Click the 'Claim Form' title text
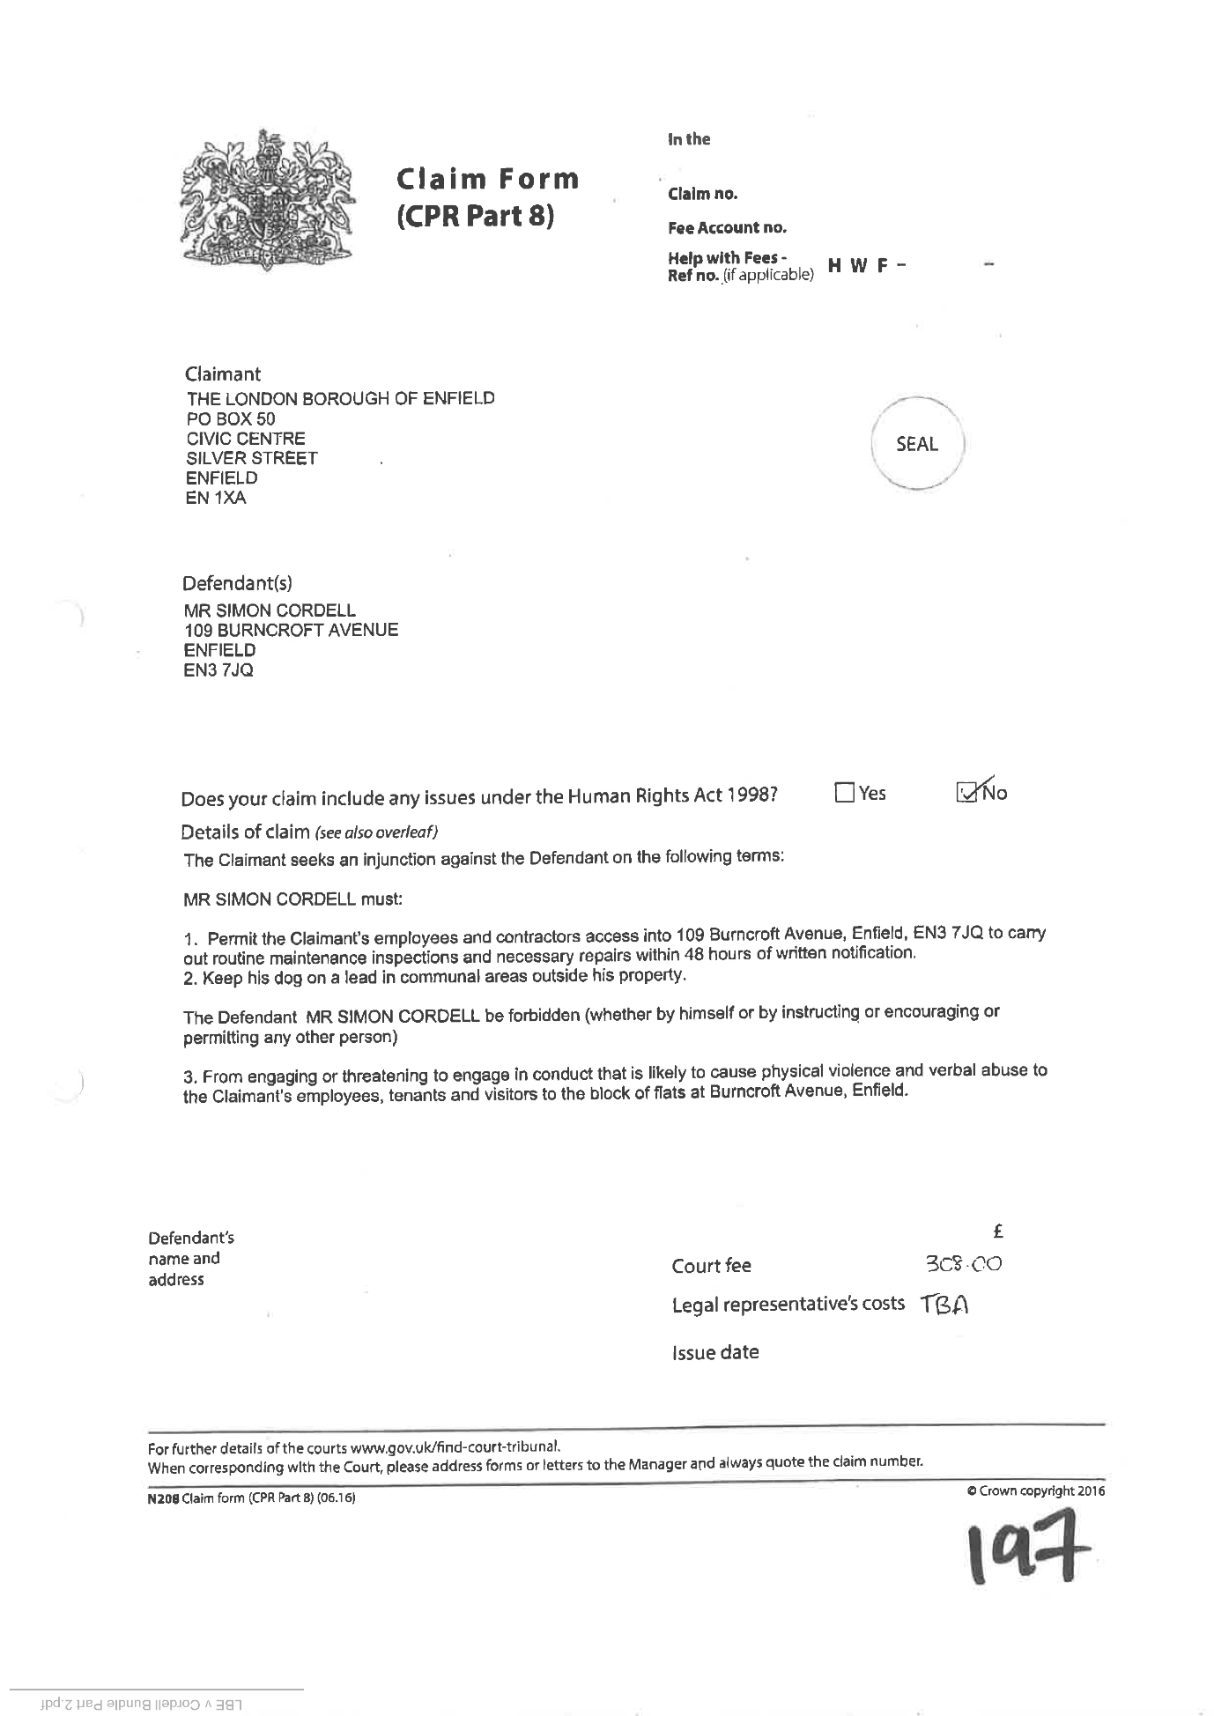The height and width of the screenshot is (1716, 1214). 487,179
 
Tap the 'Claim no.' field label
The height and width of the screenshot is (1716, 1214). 702,194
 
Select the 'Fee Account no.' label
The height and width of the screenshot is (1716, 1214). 727,228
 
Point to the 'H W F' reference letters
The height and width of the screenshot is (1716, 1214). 856,265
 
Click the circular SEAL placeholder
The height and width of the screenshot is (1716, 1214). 917,444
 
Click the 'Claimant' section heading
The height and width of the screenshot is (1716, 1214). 222,374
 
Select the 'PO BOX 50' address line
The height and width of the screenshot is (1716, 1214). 230,418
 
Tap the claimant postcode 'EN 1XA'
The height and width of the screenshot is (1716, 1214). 216,498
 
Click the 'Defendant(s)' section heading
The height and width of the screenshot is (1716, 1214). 237,583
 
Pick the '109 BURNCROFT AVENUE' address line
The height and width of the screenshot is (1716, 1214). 291,630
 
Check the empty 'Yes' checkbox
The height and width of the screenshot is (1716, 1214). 845,793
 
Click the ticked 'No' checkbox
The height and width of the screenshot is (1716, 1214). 967,792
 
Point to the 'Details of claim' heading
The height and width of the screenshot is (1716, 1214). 244,832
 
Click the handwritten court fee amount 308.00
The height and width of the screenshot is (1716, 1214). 963,1265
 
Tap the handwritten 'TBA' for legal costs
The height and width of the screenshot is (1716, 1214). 944,1305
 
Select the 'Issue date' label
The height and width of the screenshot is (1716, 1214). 714,1352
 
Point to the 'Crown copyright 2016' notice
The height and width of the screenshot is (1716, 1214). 1035,1491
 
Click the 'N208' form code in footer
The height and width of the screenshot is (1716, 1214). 164,1498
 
